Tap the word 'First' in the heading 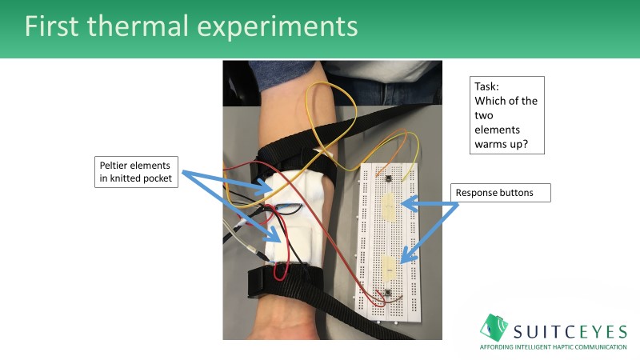57,26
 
